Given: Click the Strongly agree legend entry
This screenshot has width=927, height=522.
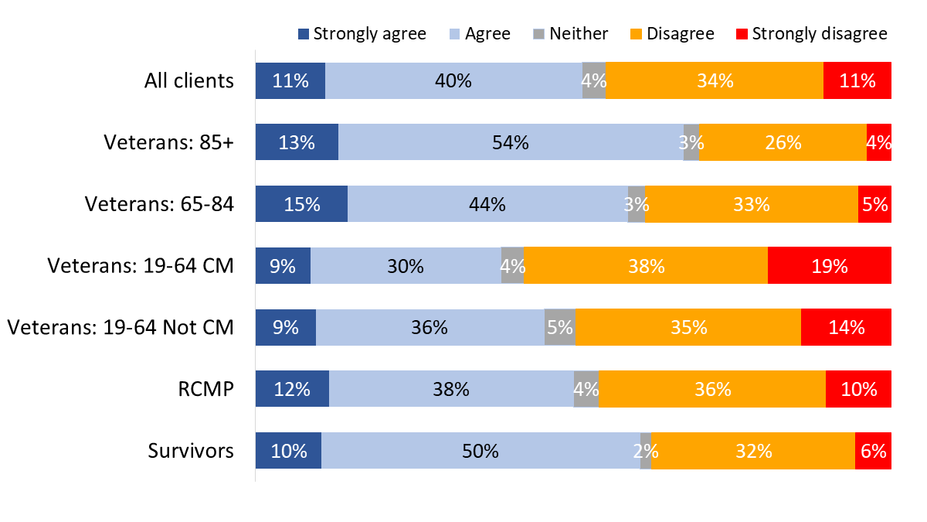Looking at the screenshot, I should [x=362, y=34].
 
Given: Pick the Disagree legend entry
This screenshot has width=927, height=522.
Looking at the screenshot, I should [x=671, y=34].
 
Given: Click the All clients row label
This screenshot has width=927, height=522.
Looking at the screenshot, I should [x=188, y=80].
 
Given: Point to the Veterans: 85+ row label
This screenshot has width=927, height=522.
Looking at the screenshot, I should [x=168, y=142].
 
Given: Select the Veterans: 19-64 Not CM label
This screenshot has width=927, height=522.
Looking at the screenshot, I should [x=121, y=328].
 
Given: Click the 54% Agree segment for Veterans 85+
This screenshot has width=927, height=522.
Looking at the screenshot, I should [x=511, y=142].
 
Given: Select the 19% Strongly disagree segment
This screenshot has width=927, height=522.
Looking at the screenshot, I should [x=830, y=266].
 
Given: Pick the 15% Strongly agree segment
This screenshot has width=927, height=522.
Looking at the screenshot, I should [x=301, y=204].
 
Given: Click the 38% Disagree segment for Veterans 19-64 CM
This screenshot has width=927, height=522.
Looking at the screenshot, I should [x=646, y=266].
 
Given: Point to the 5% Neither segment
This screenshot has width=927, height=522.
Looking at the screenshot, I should [x=560, y=328].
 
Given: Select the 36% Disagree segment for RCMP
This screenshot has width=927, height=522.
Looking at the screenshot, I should [x=712, y=390].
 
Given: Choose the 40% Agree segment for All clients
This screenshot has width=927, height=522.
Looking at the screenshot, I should [x=453, y=80].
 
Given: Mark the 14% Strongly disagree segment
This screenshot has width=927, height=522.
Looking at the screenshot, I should [x=846, y=328].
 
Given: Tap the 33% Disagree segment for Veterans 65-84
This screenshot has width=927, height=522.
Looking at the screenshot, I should [x=752, y=204].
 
